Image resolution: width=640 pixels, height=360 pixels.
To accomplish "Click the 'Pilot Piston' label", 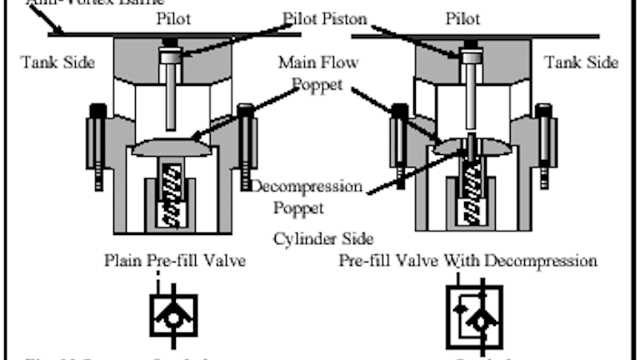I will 319,18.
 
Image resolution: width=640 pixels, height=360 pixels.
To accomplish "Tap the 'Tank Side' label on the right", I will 581,62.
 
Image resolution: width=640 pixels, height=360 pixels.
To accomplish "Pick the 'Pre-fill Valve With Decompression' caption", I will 467,260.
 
